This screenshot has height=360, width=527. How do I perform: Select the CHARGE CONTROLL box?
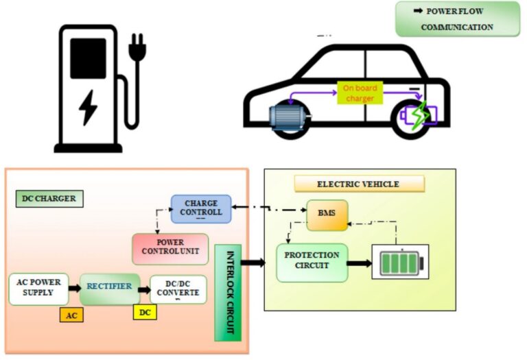click(201, 208)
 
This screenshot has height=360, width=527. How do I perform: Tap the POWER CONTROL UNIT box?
click(169, 248)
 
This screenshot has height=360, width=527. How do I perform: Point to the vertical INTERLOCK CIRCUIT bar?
click(229, 291)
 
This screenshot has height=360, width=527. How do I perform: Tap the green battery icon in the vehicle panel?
click(399, 262)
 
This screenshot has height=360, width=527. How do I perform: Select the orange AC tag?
click(71, 315)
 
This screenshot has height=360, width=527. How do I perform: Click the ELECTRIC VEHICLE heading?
click(359, 184)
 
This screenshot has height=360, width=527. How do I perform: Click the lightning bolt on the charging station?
click(88, 107)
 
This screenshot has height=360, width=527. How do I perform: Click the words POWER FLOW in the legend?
click(459, 12)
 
